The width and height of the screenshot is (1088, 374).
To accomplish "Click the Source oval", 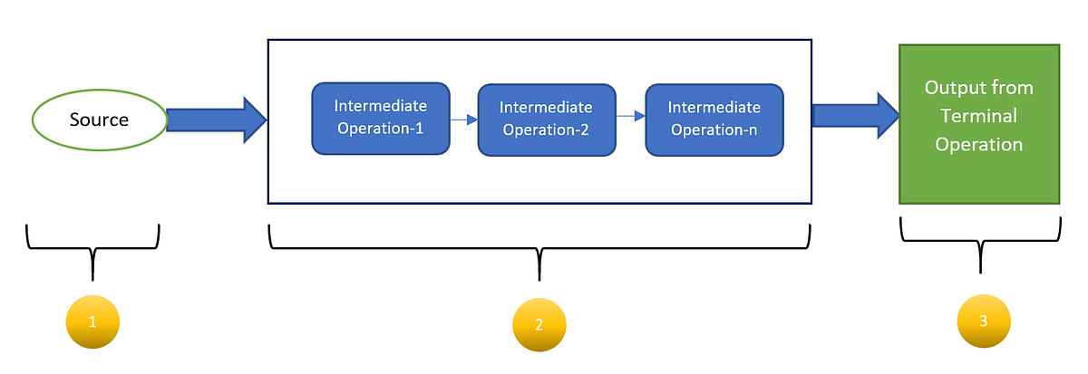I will pyautogui.click(x=100, y=120).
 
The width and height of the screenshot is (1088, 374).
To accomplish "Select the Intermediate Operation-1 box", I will pyautogui.click(x=381, y=117).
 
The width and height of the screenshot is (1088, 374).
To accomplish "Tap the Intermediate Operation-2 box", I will pyautogui.click(x=547, y=119).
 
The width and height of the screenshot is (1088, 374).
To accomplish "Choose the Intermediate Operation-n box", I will pyautogui.click(x=714, y=119).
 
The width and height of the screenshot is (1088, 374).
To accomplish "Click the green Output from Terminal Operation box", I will pyautogui.click(x=979, y=123).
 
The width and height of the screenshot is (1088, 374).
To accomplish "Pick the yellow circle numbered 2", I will pyautogui.click(x=539, y=324).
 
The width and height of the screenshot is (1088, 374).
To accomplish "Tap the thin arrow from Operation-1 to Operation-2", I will pyautogui.click(x=464, y=119).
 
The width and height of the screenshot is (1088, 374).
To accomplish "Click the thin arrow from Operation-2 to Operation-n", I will pyautogui.click(x=630, y=116).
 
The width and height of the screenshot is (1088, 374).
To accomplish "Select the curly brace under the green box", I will pyautogui.click(x=980, y=240).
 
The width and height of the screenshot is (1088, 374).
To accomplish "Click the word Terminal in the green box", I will pyautogui.click(x=978, y=116).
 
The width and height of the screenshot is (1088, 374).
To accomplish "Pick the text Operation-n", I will pyautogui.click(x=714, y=129).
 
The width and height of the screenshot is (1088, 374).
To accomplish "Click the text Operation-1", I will pyautogui.click(x=381, y=128).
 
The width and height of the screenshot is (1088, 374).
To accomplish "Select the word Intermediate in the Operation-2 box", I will pyautogui.click(x=547, y=108).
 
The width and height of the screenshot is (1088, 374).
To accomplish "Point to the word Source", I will pyautogui.click(x=100, y=120).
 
